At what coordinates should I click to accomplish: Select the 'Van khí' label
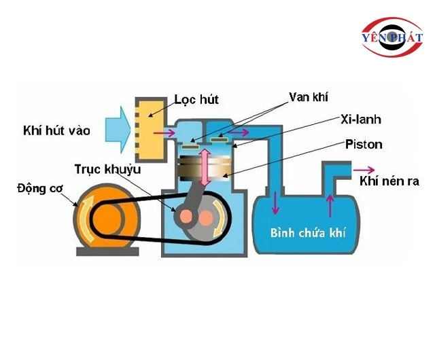(x=304, y=97)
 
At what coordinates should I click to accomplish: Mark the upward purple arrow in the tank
(x=330, y=202)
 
